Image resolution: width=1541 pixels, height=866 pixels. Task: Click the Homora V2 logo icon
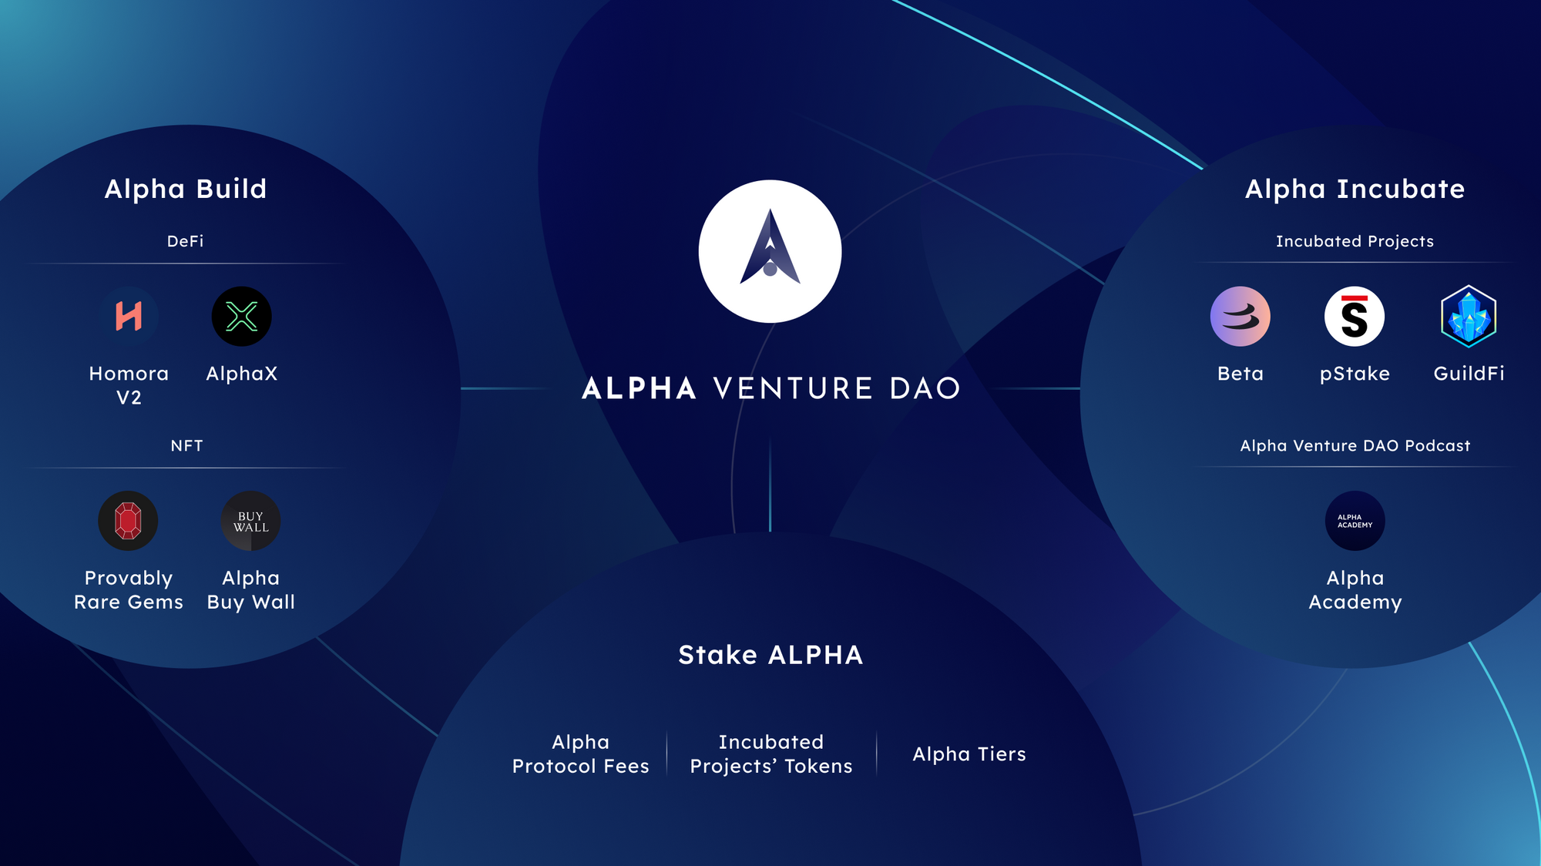point(129,317)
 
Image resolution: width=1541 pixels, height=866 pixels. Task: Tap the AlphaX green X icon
point(242,317)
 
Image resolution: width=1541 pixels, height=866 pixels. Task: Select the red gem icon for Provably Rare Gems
point(128,521)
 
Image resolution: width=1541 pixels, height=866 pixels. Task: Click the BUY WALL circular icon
point(251,521)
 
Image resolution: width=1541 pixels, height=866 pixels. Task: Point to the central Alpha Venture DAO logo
point(770,251)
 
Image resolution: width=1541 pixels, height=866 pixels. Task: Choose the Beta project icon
point(1241,317)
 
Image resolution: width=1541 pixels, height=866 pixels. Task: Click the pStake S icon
point(1355,317)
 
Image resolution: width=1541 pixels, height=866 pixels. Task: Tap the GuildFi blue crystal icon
point(1469,317)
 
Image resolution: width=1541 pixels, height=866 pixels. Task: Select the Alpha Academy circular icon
point(1355,521)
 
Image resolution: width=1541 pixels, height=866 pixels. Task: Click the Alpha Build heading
point(186,189)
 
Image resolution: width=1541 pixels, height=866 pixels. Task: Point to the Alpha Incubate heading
point(1355,189)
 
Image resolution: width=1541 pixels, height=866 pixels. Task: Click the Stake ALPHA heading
point(770,655)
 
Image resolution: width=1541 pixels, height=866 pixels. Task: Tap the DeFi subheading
point(186,241)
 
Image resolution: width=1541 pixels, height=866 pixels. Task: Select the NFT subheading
point(186,445)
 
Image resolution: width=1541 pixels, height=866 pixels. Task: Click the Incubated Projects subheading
point(1355,241)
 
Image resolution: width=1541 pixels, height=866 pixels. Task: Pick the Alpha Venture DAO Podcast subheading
point(1355,445)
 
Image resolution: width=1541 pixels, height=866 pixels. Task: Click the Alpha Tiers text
point(969,754)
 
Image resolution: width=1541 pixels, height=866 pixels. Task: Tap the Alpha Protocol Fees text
point(581,754)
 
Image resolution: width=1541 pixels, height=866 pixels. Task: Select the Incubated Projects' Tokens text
point(771,754)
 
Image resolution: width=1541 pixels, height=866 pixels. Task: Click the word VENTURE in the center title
point(794,388)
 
